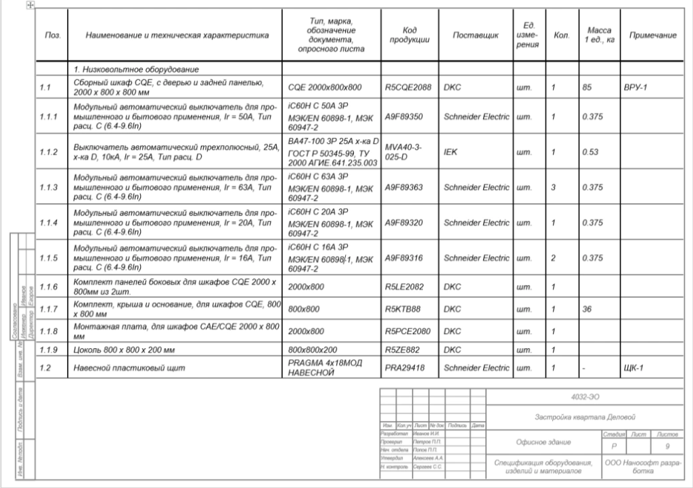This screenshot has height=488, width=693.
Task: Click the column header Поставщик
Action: click(x=476, y=35)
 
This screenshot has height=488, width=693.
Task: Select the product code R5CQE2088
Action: click(x=407, y=87)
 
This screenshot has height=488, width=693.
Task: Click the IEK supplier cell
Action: click(x=450, y=152)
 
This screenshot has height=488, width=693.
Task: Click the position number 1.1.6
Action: click(x=49, y=287)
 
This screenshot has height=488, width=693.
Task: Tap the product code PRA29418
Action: click(x=404, y=368)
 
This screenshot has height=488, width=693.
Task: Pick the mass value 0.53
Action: click(x=590, y=152)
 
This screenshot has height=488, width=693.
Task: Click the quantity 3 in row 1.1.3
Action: click(x=554, y=187)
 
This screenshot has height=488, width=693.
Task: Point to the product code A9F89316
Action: click(x=404, y=258)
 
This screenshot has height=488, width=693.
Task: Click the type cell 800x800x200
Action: click(x=312, y=349)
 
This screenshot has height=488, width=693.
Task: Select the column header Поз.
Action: click(x=51, y=35)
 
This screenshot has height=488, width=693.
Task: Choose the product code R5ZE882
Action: click(x=403, y=349)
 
